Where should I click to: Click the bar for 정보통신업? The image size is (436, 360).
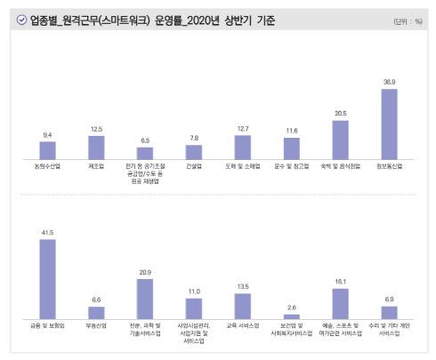coord(390,123)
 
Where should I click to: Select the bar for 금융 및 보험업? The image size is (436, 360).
coord(48,279)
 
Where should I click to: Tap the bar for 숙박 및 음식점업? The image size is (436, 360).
coord(341,139)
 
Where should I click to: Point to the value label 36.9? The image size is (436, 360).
coord(390,82)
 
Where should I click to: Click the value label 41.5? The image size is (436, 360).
coord(48,233)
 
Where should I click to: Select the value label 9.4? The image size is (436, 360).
coord(48,135)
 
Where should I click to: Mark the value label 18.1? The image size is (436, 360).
coord(341,282)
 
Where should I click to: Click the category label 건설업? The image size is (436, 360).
coord(194,165)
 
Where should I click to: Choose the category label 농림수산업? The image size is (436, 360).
coord(48,165)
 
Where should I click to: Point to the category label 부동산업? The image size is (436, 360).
coord(97,326)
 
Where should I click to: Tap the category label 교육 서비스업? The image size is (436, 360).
coord(243,326)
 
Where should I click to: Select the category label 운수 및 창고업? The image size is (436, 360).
coord(292,165)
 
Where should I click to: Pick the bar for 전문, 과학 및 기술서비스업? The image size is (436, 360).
coord(146,300)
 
